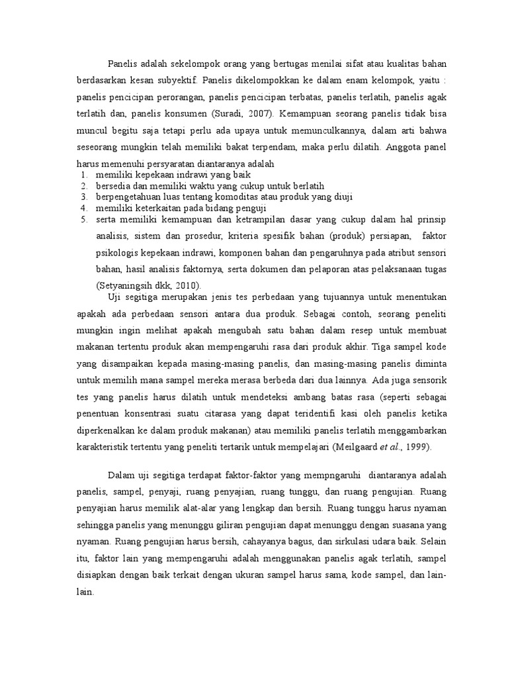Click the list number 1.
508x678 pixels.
click(x=84, y=173)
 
